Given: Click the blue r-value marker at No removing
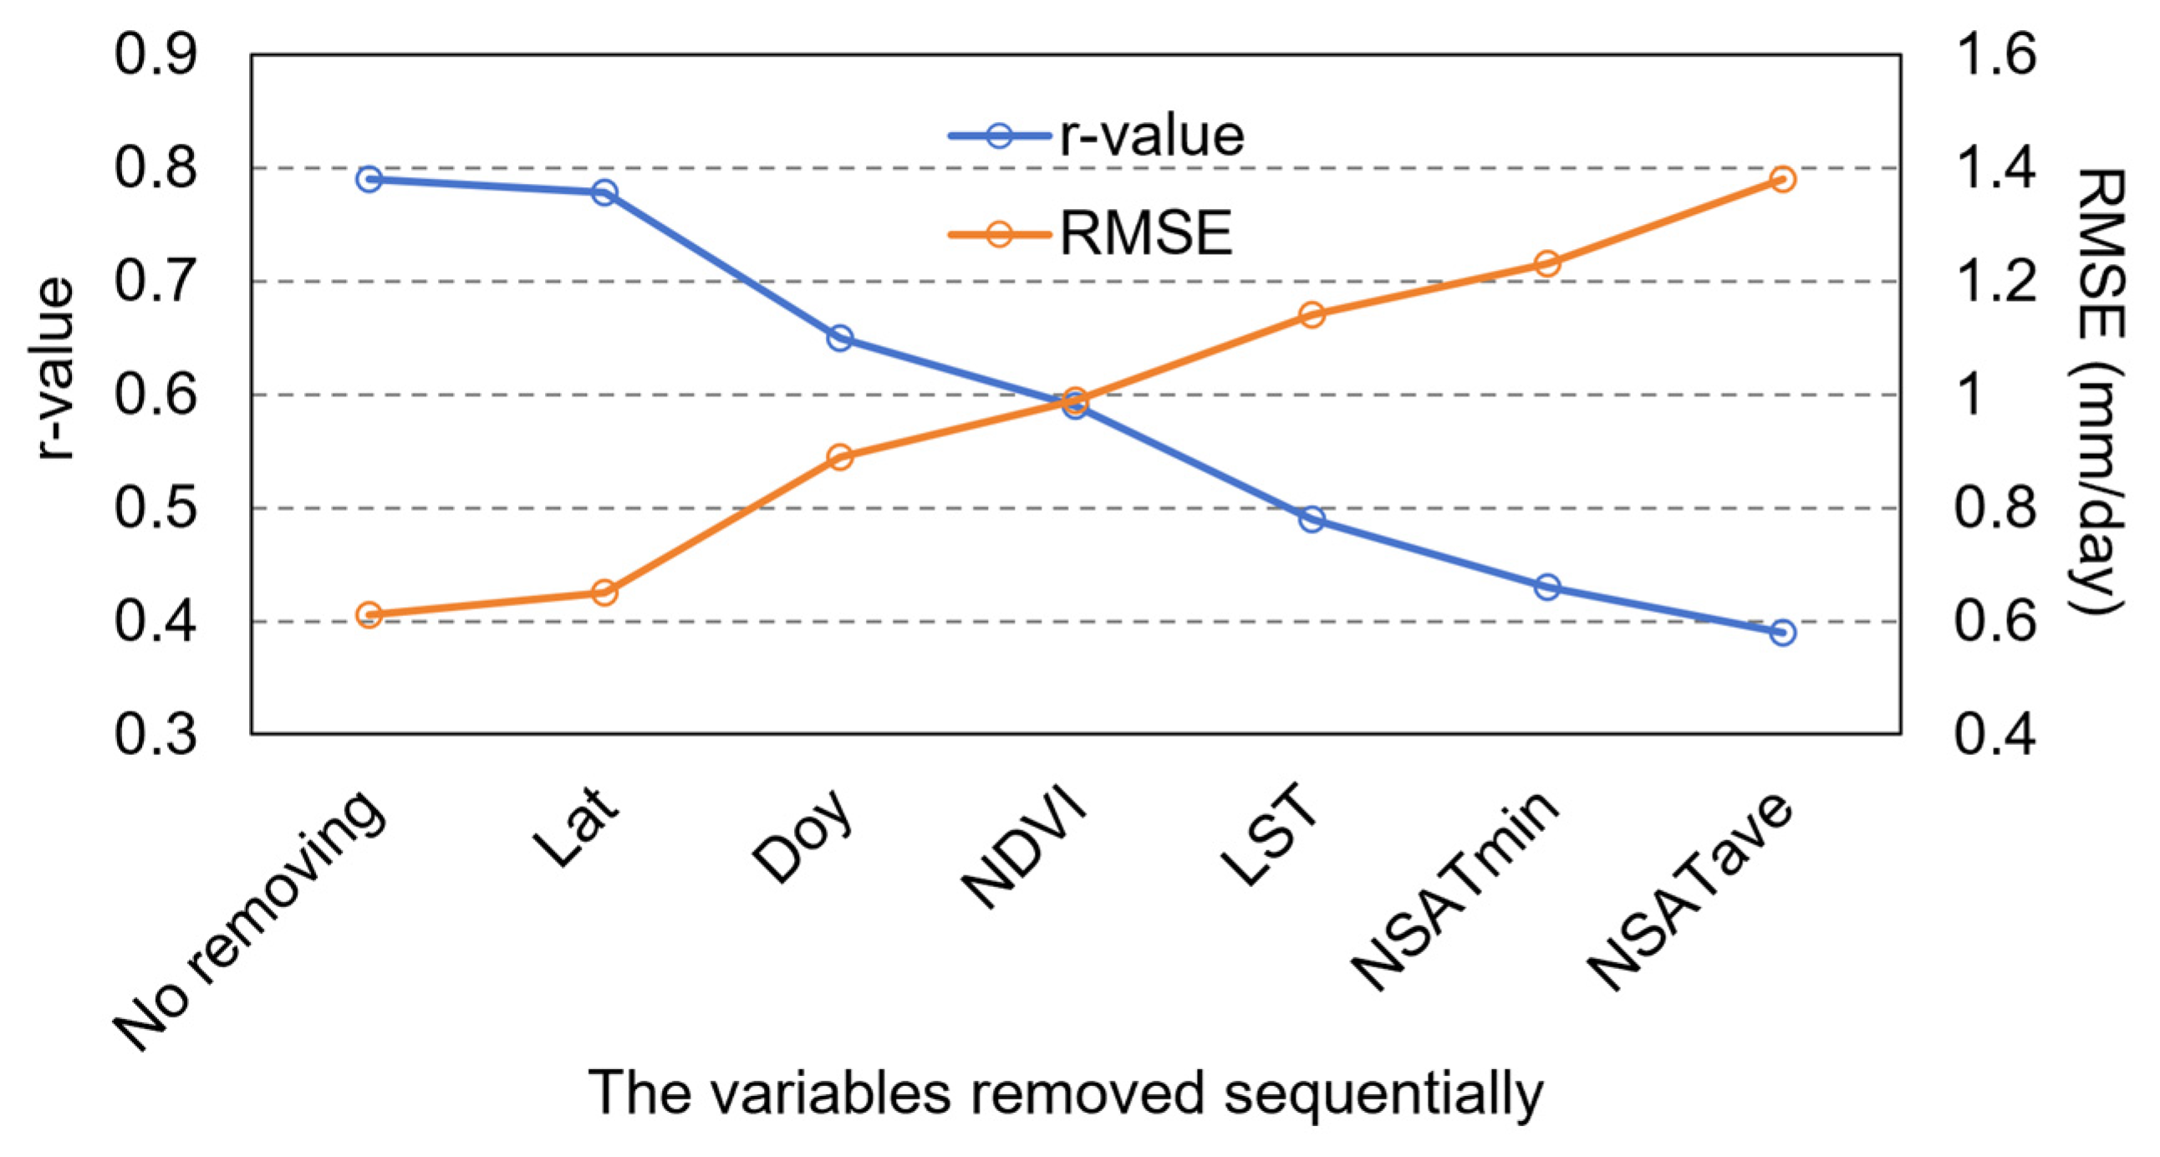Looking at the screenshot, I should pyautogui.click(x=369, y=179).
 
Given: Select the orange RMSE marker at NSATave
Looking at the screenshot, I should pyautogui.click(x=1783, y=179).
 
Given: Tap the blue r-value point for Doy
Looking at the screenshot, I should pyautogui.click(x=840, y=338).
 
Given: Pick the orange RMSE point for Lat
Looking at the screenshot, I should pyautogui.click(x=604, y=593).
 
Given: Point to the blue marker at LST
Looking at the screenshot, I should pyautogui.click(x=1312, y=519).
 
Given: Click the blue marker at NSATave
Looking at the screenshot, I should pyautogui.click(x=1783, y=632).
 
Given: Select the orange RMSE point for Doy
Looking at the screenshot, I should pyautogui.click(x=840, y=457).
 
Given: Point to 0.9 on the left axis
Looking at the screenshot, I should pyautogui.click(x=156, y=55).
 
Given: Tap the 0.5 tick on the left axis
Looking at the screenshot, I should pyautogui.click(x=156, y=508).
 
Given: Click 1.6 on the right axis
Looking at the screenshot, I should pyautogui.click(x=1995, y=55).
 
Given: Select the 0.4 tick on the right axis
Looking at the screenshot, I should pyautogui.click(x=1995, y=735).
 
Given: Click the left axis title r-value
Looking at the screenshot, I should pyautogui.click(x=55, y=369).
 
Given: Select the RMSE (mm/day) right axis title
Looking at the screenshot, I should pyautogui.click(x=2101, y=390).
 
